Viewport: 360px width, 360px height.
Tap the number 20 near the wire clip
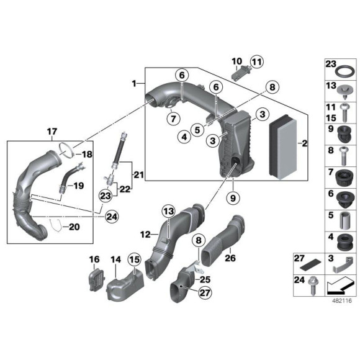[x=74, y=227]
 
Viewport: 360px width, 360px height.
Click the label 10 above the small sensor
[x=237, y=61]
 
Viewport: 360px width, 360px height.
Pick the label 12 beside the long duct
[x=145, y=235]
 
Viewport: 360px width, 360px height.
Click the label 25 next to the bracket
[x=204, y=279]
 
